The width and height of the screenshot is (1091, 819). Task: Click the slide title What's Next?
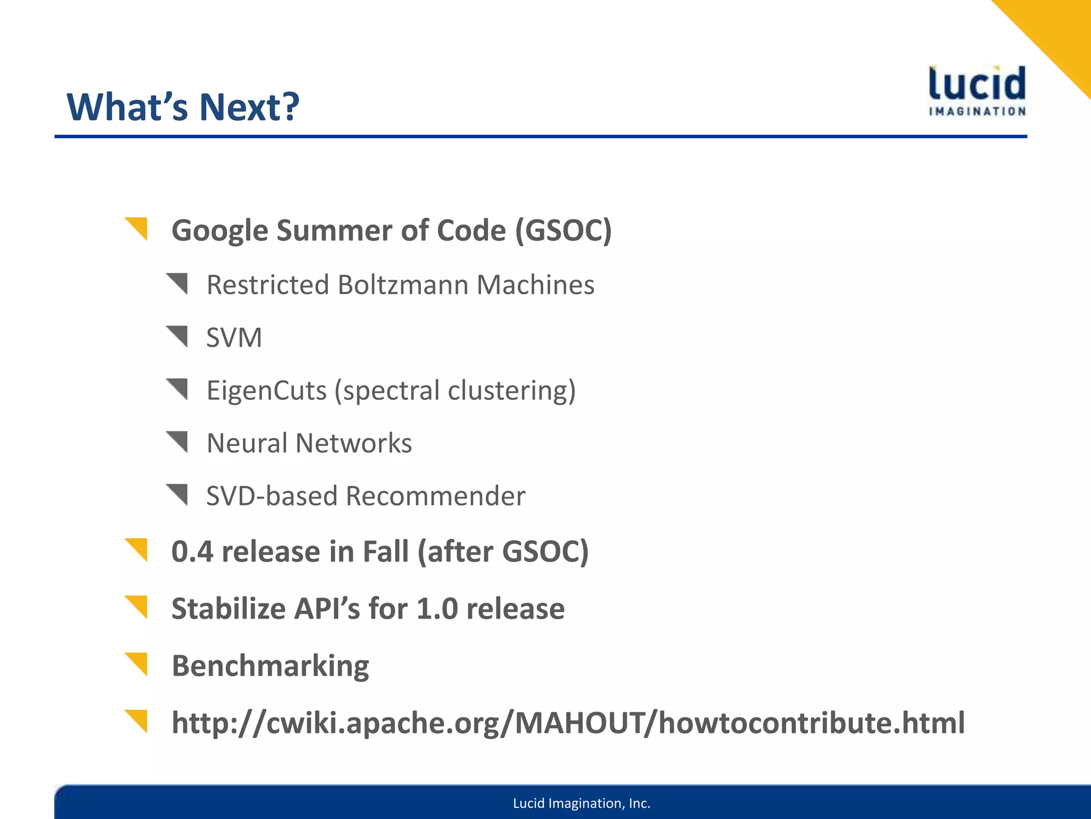[183, 107]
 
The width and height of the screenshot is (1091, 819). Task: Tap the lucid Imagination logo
[977, 91]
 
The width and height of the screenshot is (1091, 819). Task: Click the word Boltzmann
[405, 285]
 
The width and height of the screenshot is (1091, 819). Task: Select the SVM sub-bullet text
[234, 338]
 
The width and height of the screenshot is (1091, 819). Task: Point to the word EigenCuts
[266, 390]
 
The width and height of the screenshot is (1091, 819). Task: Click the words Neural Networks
[309, 443]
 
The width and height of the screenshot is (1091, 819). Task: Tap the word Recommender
[435, 496]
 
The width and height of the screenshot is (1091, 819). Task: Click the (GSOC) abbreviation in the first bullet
[563, 230]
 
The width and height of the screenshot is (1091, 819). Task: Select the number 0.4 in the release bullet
[192, 551]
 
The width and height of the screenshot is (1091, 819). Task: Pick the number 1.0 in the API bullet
[437, 608]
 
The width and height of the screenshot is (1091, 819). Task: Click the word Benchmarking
[270, 666]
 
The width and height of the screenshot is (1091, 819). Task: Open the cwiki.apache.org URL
[567, 723]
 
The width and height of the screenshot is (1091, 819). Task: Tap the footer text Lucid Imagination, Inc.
[581, 803]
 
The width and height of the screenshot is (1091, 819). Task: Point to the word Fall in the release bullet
[386, 551]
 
